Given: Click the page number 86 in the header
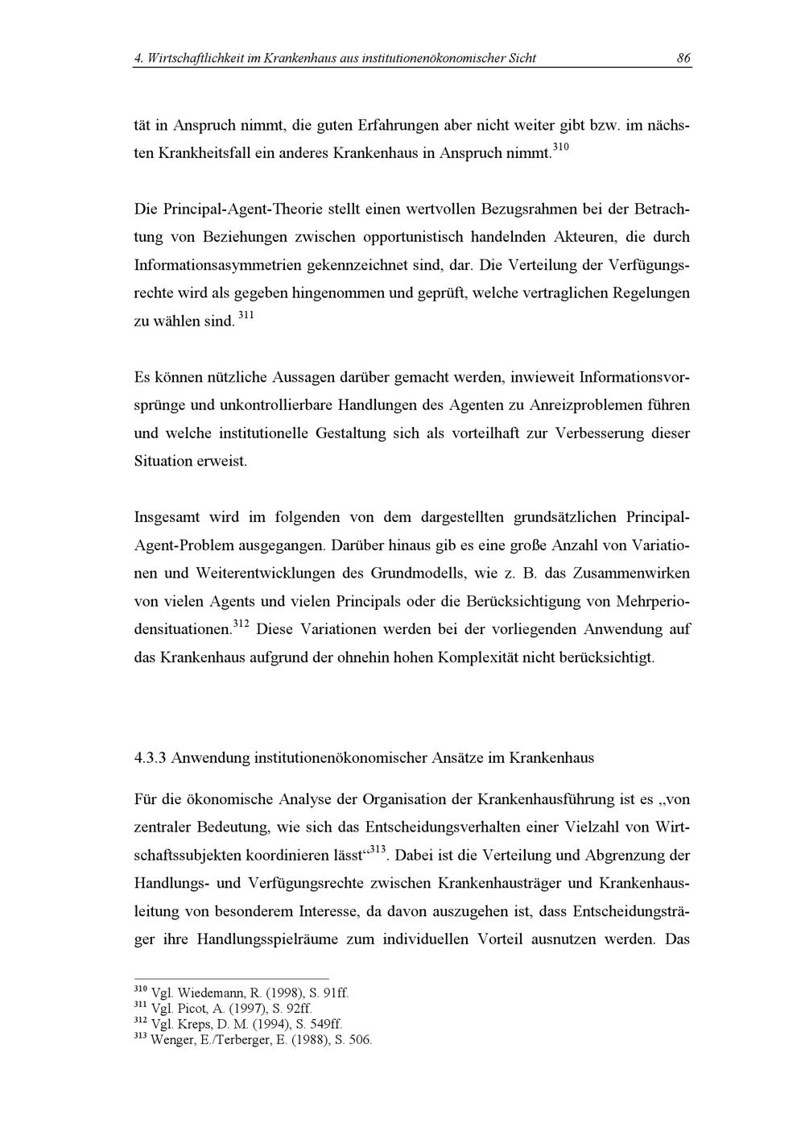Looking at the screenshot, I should tap(683, 58).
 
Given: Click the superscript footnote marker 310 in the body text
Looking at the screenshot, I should tap(560, 147).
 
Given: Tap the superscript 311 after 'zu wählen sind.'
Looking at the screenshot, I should tap(246, 316).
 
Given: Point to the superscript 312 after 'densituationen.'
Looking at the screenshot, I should tap(241, 624).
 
